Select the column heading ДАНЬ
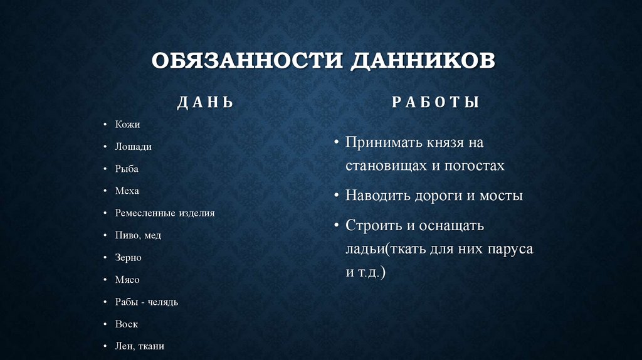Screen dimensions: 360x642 coord(206,103)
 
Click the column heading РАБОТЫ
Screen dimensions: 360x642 coord(436,102)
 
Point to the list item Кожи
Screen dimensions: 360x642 coord(127,124)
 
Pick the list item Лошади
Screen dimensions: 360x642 coord(133,147)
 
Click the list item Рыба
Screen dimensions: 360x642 coord(127,169)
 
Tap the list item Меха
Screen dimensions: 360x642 coord(127,191)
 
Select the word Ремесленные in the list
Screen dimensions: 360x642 coord(143,213)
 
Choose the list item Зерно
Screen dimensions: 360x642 coord(129,258)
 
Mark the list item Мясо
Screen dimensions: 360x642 coord(127,280)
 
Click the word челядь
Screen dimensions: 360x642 coord(163,302)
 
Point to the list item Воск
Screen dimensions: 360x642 coord(127,324)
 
